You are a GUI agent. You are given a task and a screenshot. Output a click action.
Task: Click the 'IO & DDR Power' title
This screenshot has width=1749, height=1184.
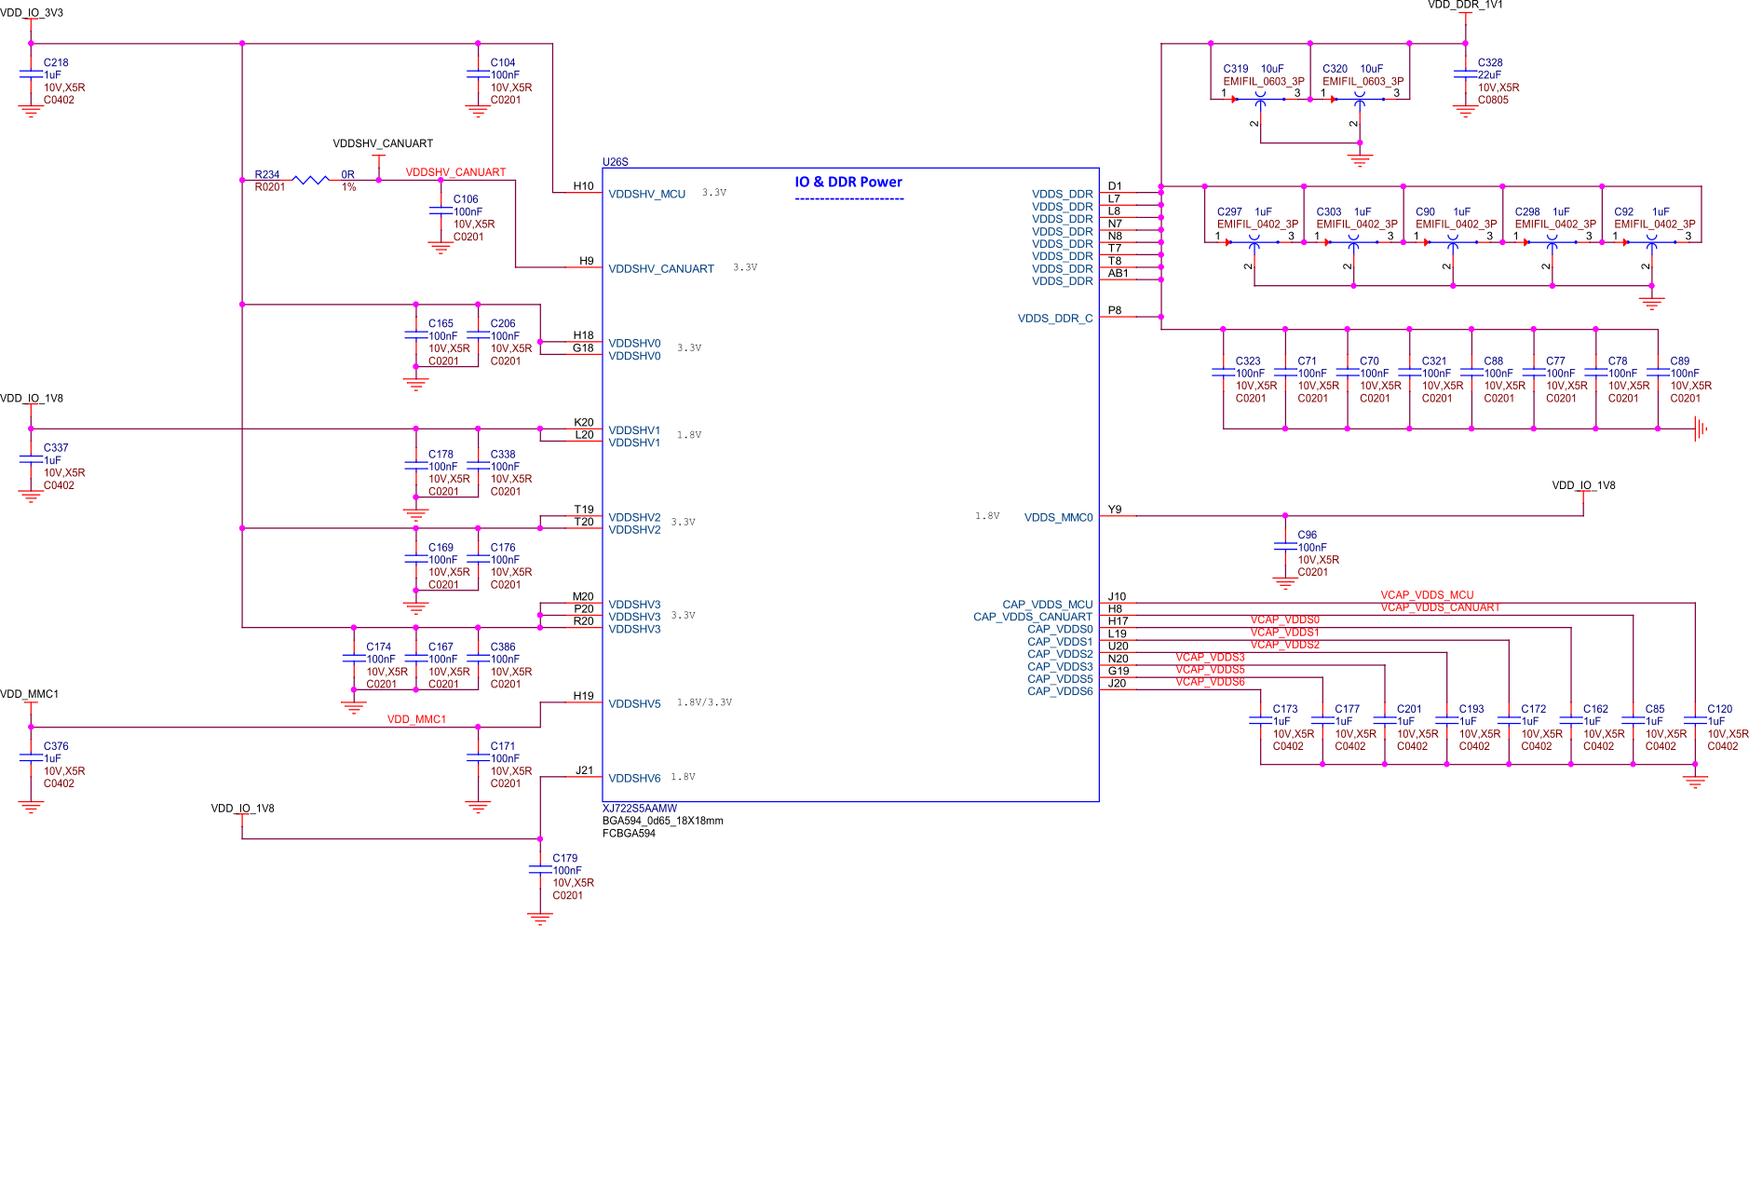pyautogui.click(x=847, y=183)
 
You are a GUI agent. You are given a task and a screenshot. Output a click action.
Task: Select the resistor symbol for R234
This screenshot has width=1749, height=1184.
pyautogui.click(x=310, y=180)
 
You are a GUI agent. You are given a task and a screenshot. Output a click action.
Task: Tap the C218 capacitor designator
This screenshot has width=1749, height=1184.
pyautogui.click(x=56, y=63)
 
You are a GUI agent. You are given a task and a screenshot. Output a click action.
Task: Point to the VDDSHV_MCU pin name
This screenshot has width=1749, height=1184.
pyautogui.click(x=646, y=195)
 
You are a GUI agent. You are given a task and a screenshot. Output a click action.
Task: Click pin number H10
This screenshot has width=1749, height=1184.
pyautogui.click(x=583, y=186)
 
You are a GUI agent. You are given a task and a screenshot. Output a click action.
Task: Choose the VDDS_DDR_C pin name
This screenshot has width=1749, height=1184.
pyautogui.click(x=1054, y=319)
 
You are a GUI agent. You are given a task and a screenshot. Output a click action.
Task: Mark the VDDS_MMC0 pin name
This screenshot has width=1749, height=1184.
pyautogui.click(x=1058, y=518)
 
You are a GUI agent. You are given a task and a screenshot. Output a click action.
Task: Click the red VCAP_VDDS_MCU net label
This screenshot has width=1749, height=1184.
pyautogui.click(x=1426, y=595)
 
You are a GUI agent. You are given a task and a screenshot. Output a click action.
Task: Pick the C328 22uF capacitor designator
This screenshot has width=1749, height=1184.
pyautogui.click(x=1490, y=63)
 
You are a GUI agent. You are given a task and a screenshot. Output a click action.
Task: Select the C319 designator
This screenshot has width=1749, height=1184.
pyautogui.click(x=1235, y=69)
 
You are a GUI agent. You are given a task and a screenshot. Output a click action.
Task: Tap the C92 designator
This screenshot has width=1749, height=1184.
pyautogui.click(x=1623, y=212)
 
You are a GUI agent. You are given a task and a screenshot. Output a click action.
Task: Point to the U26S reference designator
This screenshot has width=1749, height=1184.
pyautogui.click(x=615, y=162)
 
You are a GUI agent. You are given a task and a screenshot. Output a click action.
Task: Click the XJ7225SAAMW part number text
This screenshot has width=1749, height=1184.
pyautogui.click(x=639, y=809)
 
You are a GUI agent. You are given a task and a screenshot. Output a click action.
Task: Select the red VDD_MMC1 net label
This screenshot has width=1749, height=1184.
pyautogui.click(x=416, y=720)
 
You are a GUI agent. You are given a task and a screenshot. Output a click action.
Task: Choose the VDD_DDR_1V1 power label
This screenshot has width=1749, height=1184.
pyautogui.click(x=1465, y=6)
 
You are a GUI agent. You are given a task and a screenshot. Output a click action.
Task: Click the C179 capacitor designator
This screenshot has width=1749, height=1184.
pyautogui.click(x=564, y=859)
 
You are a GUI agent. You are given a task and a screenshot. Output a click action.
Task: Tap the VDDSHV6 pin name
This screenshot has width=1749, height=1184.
pyautogui.click(x=634, y=779)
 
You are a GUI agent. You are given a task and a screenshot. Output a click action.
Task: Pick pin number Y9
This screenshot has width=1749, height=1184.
pyautogui.click(x=1115, y=510)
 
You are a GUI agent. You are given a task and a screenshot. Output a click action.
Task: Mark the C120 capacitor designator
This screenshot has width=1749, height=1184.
pyautogui.click(x=1719, y=710)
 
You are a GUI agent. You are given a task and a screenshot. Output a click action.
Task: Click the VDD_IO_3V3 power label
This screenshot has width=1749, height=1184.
pyautogui.click(x=32, y=13)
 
